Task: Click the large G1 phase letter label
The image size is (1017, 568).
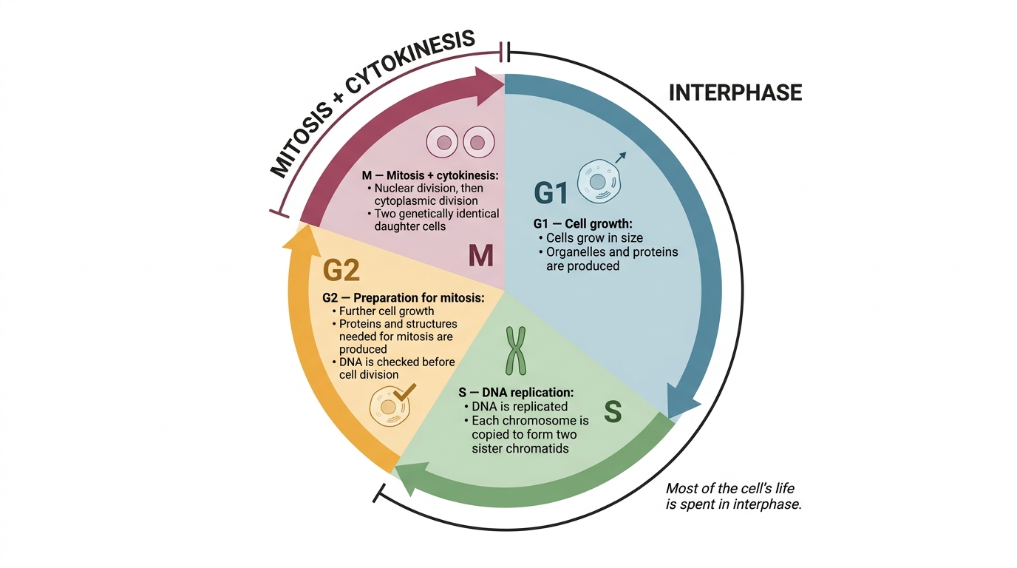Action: point(551,192)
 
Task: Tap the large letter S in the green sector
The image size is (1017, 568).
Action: point(613,412)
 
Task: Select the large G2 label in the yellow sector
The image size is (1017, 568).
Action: point(341,270)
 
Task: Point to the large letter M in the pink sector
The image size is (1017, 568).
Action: point(481,255)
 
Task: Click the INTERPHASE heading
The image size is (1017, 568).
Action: point(735,92)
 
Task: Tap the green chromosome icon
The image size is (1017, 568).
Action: point(516,351)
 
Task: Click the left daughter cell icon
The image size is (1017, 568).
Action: point(442,142)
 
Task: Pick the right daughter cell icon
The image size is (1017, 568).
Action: point(478,142)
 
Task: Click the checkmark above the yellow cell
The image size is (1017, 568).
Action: point(404,392)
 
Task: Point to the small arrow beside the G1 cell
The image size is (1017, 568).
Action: point(621,158)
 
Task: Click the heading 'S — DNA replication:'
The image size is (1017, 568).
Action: point(516,392)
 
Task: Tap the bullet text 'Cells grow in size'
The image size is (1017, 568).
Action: point(594,237)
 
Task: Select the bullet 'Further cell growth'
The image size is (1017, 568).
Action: point(387,311)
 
